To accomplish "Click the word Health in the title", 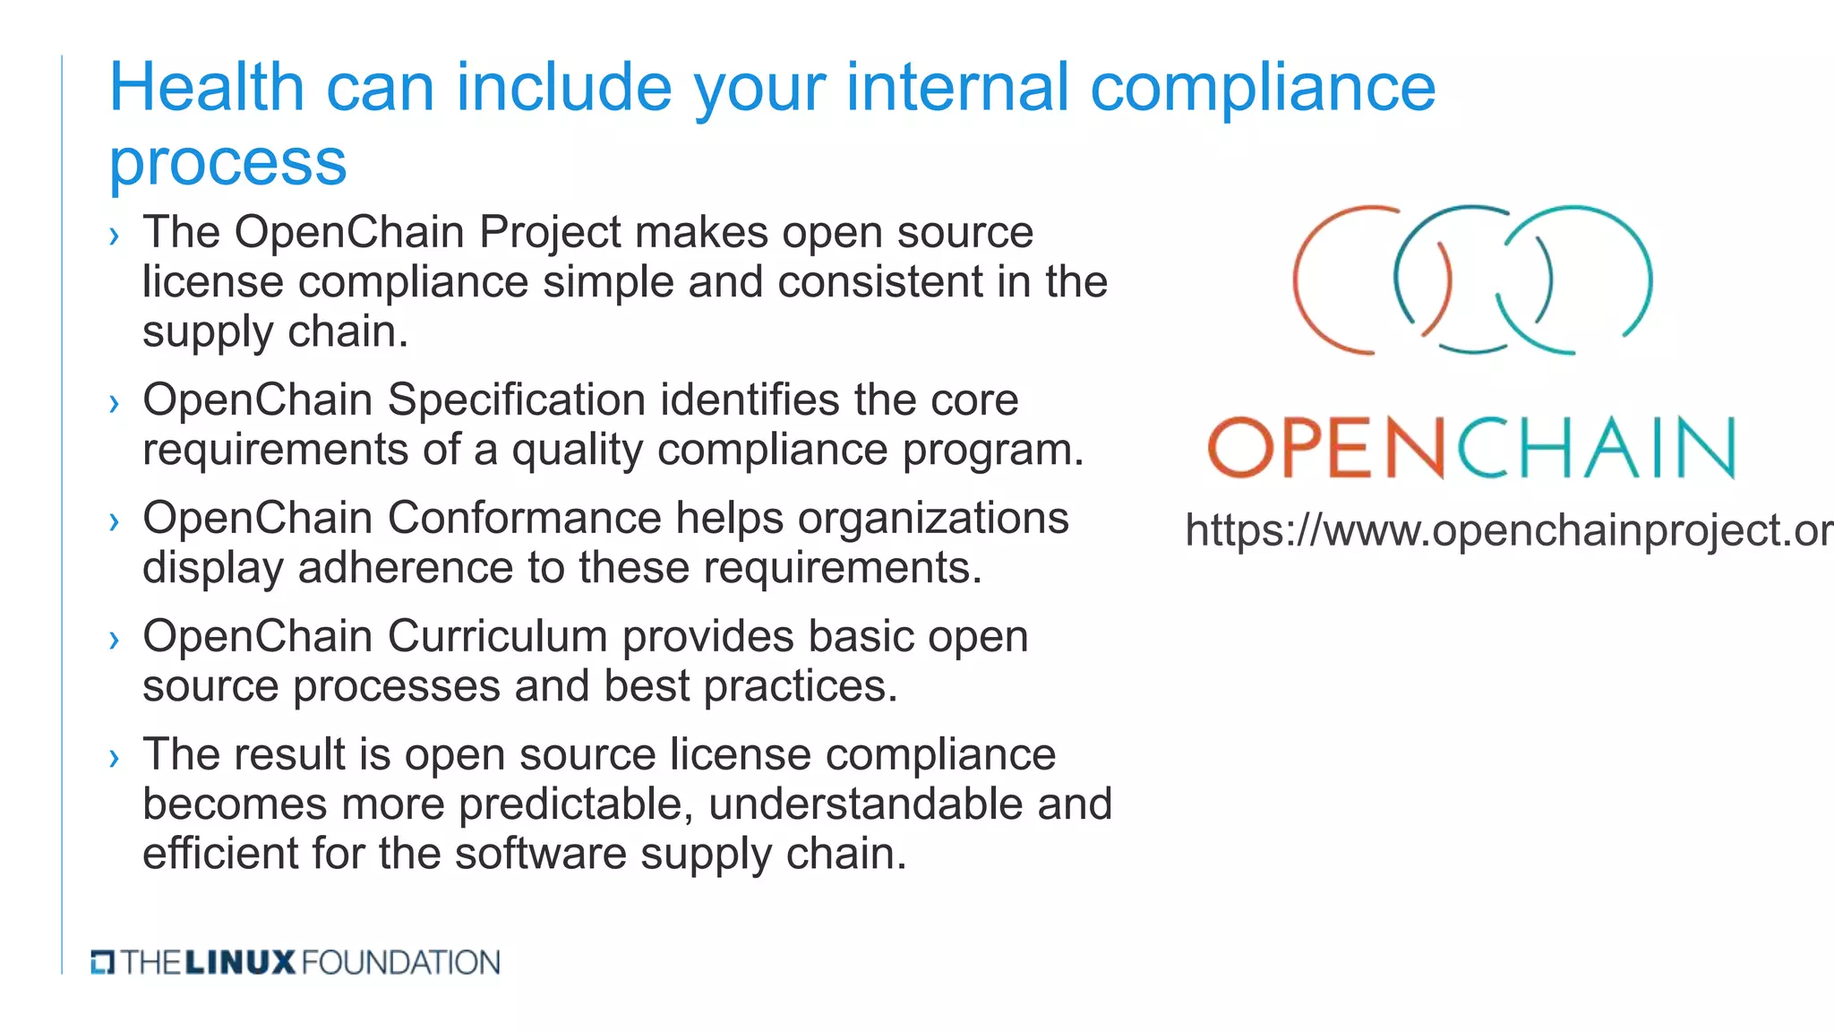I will [207, 88].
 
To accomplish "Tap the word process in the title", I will [227, 163].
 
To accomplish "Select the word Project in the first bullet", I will [549, 232].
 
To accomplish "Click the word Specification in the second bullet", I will [516, 400].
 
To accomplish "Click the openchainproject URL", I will [1508, 530].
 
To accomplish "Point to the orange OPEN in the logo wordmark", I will [1326, 447].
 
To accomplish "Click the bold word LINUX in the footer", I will [239, 963].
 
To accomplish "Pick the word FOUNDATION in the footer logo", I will [400, 963].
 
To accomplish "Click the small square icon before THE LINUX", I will [102, 963].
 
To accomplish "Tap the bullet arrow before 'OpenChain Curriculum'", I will [114, 640].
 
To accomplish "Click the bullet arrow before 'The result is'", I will [114, 758].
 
